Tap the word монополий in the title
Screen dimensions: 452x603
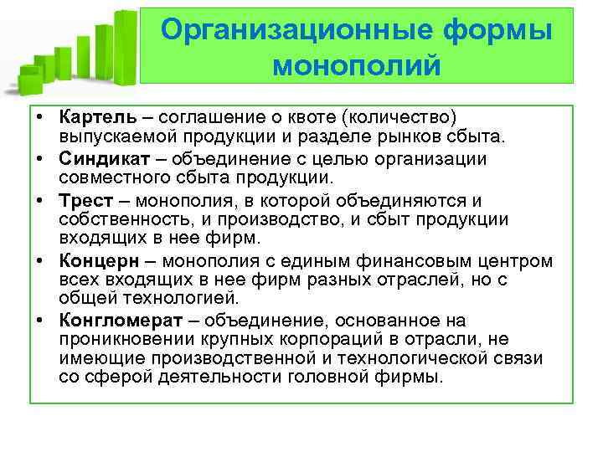pyautogui.click(x=356, y=64)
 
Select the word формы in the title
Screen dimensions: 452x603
pyautogui.click(x=500, y=30)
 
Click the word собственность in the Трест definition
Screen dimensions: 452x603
pyautogui.click(x=117, y=219)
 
